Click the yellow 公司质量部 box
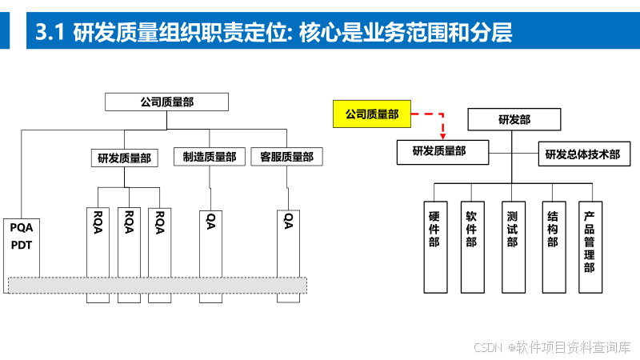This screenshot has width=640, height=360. [371, 115]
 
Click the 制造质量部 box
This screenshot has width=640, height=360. [210, 158]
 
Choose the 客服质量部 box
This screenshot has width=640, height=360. [286, 158]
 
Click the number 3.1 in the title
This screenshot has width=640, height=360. [50, 34]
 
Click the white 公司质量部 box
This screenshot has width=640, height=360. [166, 102]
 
